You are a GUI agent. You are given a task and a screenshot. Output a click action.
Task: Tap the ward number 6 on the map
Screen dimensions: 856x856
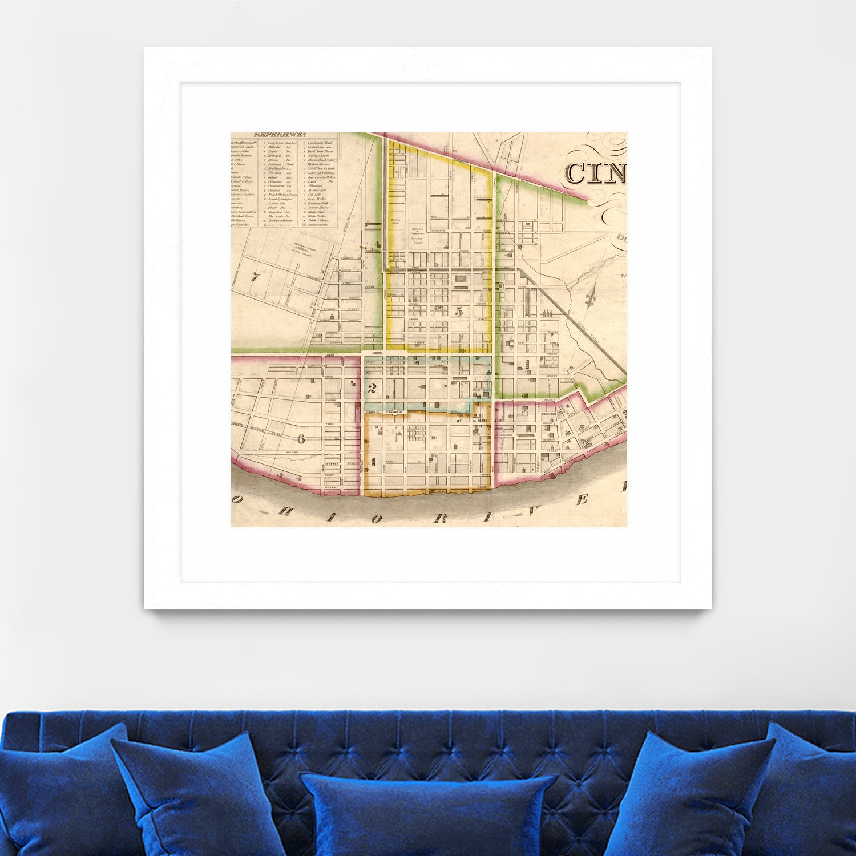point(301,438)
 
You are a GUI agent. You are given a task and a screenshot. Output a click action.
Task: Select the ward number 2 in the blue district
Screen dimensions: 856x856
point(373,389)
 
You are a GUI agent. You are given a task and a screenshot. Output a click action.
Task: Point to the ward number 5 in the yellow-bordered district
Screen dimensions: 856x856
point(458,312)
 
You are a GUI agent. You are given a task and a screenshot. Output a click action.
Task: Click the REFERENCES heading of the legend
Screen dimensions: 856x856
point(276,135)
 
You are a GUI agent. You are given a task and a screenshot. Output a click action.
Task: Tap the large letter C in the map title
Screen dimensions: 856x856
point(575,174)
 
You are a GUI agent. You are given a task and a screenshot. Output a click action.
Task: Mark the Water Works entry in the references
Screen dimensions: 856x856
point(318,216)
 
